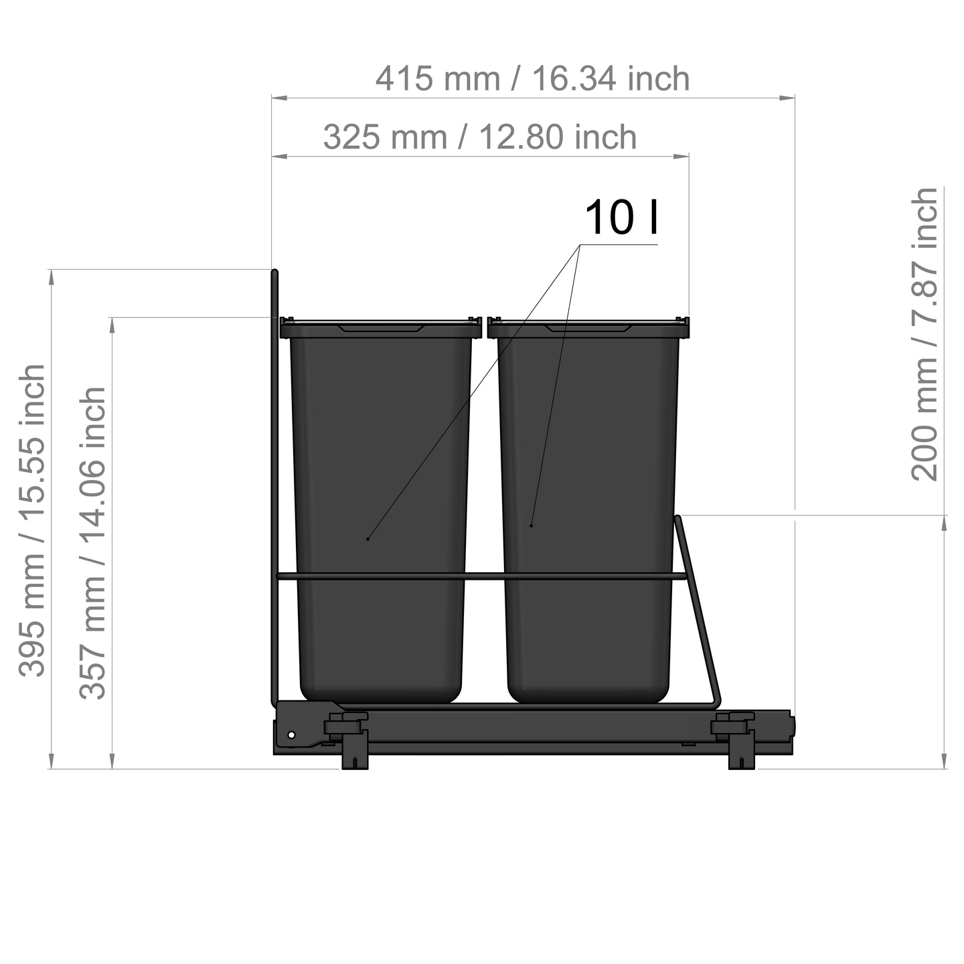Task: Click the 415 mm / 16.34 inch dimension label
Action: [532, 79]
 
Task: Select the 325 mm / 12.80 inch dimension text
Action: [479, 137]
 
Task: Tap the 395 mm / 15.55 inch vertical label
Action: [32, 520]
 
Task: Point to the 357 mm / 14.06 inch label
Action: [93, 542]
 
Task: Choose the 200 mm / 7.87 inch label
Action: [925, 334]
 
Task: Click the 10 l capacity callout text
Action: [622, 218]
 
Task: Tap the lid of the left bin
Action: [380, 328]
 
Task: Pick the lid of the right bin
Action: [588, 328]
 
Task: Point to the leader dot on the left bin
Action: [368, 539]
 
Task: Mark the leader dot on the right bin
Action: [532, 526]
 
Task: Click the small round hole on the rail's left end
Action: [291, 735]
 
